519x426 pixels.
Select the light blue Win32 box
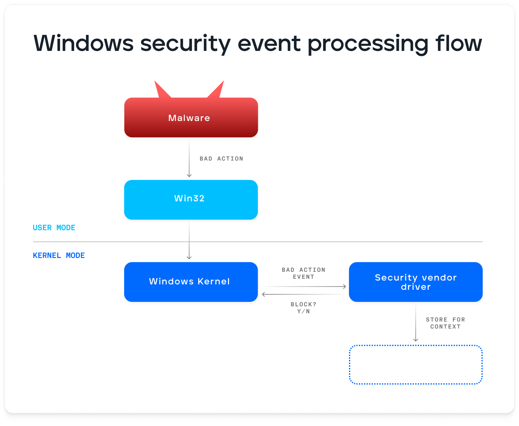191,199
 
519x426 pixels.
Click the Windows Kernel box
191,282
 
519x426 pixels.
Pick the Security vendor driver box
416,282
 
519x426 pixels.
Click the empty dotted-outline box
416,365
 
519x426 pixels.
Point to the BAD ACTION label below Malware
221,158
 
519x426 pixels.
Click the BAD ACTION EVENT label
303,273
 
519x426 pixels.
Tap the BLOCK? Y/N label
303,308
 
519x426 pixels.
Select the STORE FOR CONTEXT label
445,323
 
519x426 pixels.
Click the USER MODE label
54,228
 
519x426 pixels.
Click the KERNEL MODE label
59,255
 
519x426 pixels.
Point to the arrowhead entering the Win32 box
189,175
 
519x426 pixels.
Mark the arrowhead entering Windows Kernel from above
189,257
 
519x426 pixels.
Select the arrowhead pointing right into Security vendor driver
344,286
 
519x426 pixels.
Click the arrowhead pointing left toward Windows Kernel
264,294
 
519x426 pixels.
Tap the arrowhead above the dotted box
416,340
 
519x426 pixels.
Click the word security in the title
185,44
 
